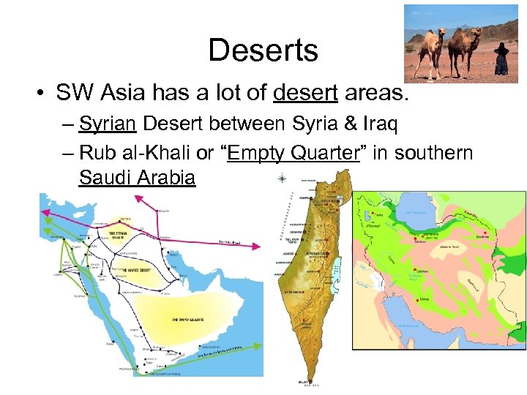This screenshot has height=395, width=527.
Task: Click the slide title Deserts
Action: tap(263, 50)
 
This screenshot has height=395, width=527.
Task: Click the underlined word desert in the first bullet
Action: tap(306, 93)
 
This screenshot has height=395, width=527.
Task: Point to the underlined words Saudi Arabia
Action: tap(137, 177)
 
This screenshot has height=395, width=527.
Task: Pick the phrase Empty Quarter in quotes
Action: tap(288, 153)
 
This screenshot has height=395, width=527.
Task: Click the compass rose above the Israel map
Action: tap(283, 178)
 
